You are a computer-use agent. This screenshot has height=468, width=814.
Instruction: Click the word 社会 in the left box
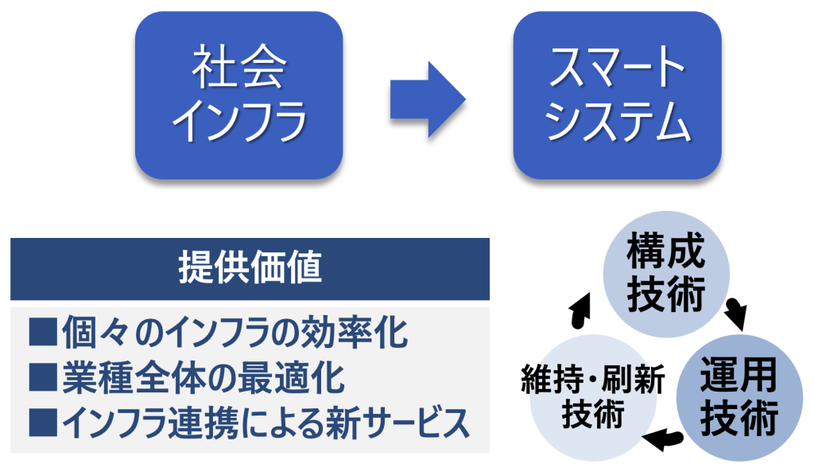pos(239,67)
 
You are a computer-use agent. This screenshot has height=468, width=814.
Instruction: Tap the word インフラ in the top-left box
pos(239,121)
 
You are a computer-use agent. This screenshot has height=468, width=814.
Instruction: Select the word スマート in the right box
pos(617,67)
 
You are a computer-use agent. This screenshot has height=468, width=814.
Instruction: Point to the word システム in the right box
pos(617,121)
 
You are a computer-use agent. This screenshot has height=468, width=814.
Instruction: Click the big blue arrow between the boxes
pos(428,99)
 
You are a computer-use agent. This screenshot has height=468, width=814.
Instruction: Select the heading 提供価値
pos(250,267)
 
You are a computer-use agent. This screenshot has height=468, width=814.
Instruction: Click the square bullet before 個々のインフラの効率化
pos(43,332)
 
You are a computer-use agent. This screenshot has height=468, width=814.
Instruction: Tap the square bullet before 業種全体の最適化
pos(43,377)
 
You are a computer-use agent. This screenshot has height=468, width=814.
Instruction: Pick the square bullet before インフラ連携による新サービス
pos(43,422)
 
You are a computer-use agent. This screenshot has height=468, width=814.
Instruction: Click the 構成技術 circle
pos(666,274)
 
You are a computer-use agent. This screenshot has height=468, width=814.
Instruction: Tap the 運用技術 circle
pos(739,398)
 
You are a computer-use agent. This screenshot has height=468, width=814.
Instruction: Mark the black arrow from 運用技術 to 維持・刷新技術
pos(662,440)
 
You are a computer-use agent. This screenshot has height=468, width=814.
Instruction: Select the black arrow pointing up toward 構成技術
pos(580,310)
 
